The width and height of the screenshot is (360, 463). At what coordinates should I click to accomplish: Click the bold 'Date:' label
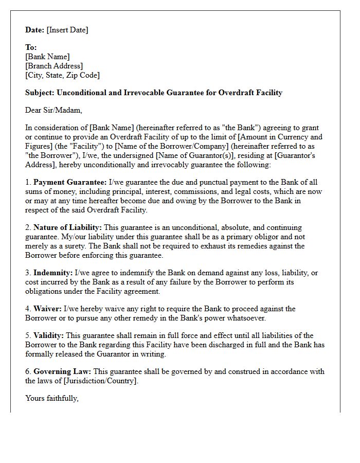click(35, 30)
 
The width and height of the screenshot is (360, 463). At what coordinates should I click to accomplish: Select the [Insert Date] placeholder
click(67, 30)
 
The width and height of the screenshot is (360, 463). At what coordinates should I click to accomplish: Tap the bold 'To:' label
click(31, 47)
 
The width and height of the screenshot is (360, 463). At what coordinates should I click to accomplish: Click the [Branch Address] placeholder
click(54, 66)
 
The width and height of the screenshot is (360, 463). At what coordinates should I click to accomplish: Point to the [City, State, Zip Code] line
click(62, 75)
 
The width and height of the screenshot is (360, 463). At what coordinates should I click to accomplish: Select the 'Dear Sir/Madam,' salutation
click(53, 110)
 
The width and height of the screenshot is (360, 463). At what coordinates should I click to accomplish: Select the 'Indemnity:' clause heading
click(53, 273)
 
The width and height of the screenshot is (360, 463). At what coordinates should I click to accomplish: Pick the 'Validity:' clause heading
click(49, 335)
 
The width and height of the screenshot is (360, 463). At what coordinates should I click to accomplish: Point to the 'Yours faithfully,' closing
click(52, 398)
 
